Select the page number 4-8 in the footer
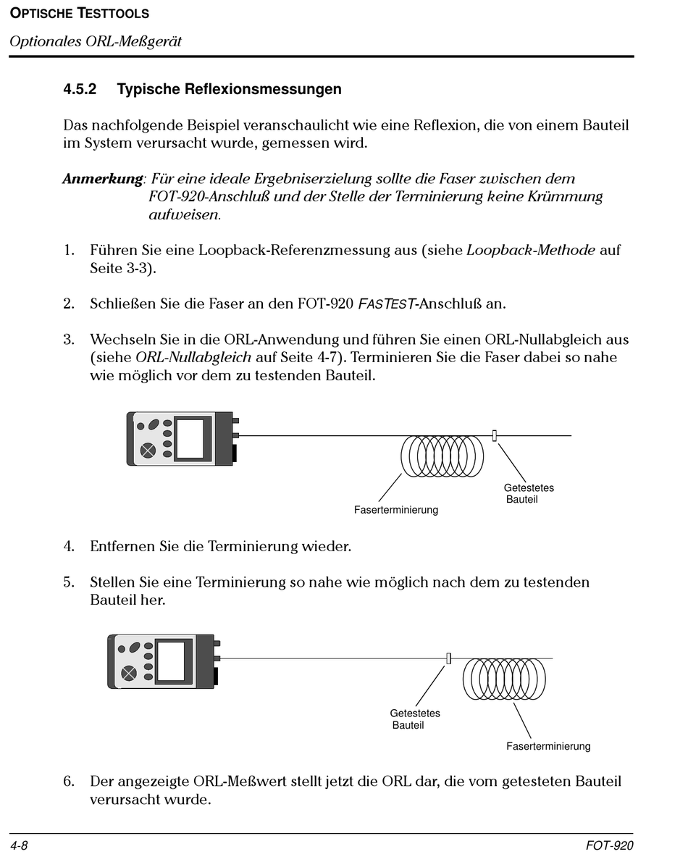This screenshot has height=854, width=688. point(19,845)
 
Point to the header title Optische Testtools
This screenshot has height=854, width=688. point(80,14)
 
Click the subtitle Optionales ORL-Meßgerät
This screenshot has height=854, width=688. point(95,41)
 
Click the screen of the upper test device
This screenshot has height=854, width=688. point(191,438)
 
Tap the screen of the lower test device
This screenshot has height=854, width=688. point(172,660)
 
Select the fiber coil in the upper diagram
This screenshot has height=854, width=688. point(442,456)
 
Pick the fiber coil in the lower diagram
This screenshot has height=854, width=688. point(504,679)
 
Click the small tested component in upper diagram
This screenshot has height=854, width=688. point(495,435)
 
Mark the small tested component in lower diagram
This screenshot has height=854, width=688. point(449,658)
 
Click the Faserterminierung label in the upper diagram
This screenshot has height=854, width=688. point(395,510)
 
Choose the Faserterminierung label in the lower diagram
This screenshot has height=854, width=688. point(548,746)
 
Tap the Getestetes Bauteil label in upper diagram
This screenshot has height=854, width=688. point(529,493)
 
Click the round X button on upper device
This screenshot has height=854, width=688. point(148,450)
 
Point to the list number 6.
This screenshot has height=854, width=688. point(69,782)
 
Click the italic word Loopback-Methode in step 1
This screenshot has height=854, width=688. point(531,251)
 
